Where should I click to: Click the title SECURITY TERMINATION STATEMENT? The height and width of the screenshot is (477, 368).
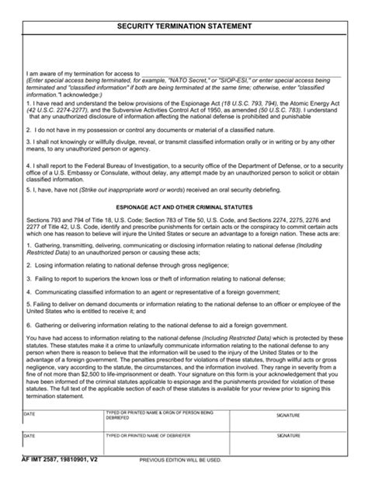(x=183, y=26)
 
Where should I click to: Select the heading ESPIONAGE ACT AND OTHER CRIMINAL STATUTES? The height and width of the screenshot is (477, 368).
(x=183, y=207)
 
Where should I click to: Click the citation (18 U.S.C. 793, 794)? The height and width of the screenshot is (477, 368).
(x=235, y=104)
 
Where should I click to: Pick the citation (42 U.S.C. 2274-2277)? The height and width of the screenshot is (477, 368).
(x=59, y=110)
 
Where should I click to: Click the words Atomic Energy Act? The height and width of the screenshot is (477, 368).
(x=314, y=104)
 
